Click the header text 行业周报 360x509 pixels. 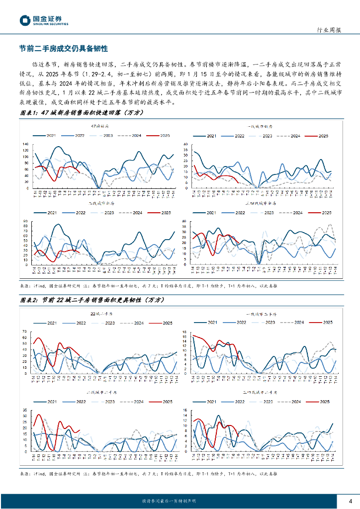click(329, 30)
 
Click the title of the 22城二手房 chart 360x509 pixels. click(101, 314)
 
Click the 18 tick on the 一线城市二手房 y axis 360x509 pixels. click(185, 332)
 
